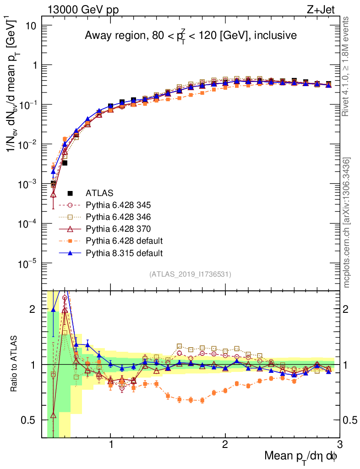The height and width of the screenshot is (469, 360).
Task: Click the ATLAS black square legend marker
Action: (70, 193)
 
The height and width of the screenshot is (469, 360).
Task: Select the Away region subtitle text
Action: (191, 35)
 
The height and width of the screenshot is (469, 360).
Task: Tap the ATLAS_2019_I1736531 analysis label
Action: (190, 274)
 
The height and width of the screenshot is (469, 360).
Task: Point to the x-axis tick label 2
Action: (225, 444)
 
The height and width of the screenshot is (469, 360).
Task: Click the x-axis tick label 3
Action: (339, 444)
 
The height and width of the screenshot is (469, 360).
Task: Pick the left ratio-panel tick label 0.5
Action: (30, 420)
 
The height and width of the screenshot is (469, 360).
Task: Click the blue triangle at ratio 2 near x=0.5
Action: (54, 310)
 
